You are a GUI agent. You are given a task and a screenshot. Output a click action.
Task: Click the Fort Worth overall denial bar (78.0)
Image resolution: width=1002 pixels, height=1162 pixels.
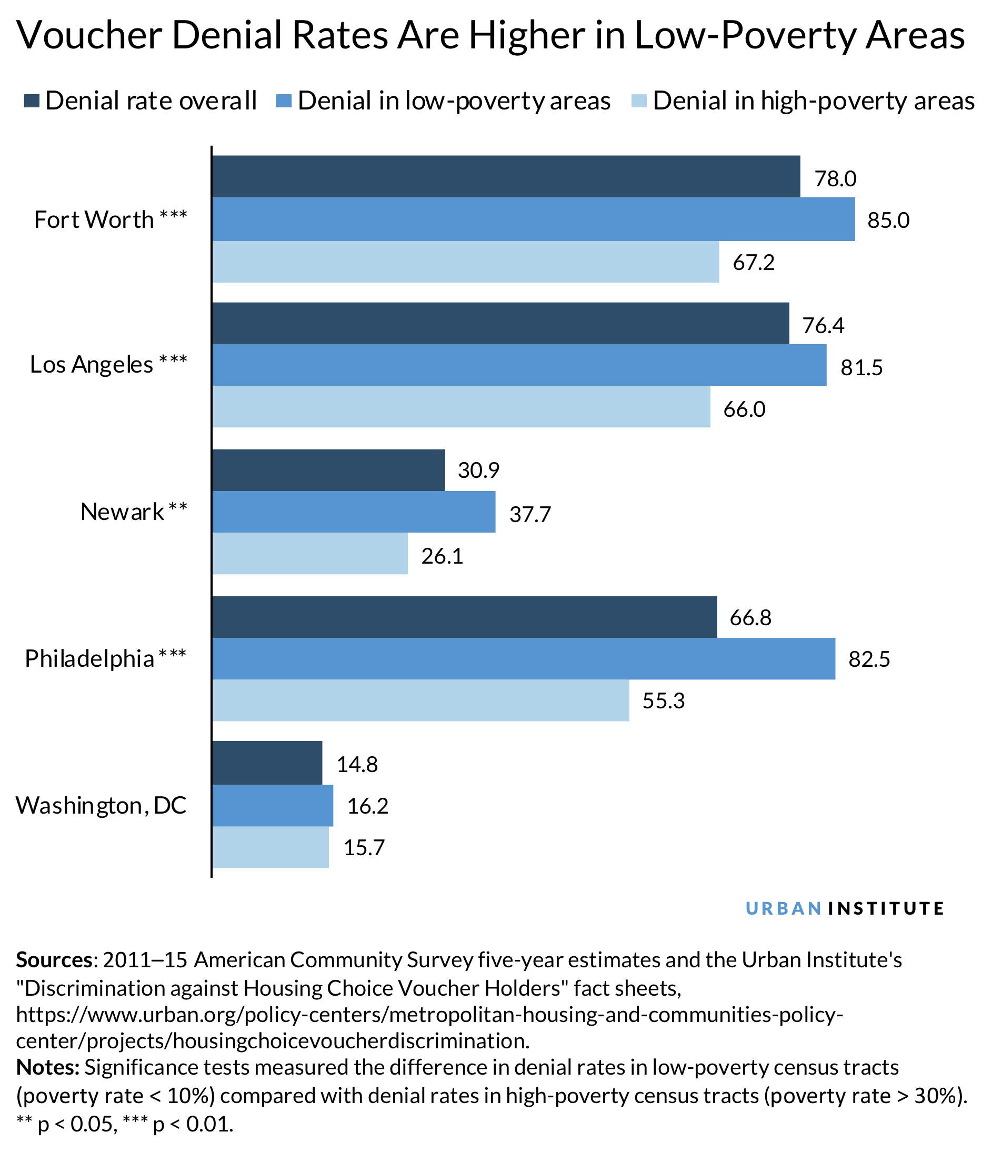[505, 176]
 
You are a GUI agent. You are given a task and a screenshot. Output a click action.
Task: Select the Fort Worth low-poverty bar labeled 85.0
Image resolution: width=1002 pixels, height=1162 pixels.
[533, 219]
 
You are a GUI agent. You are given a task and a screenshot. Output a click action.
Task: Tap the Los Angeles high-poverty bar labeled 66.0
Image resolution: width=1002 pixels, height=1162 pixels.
[460, 407]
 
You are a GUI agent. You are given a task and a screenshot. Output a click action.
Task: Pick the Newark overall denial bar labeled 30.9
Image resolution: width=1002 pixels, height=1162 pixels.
[328, 470]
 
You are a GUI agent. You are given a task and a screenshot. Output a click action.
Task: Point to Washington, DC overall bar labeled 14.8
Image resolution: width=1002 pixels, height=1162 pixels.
[267, 763]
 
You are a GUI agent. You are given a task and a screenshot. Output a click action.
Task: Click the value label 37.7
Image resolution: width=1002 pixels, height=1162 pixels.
[530, 514]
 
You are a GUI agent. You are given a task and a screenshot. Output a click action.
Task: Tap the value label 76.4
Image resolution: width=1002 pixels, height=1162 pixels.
[823, 325]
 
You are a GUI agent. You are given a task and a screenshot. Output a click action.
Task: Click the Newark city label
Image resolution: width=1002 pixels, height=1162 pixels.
[122, 512]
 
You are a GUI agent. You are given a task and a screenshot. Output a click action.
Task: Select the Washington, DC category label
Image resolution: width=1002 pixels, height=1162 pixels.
[101, 805]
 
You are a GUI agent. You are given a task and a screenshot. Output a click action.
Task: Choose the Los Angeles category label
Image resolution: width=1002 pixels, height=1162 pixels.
[92, 365]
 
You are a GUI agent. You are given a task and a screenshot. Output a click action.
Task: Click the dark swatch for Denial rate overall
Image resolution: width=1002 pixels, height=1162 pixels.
[32, 101]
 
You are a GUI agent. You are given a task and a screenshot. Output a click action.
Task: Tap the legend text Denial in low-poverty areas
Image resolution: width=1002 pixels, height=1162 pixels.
[454, 101]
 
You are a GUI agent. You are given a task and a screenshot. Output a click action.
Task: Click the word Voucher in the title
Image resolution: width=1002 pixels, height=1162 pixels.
[89, 35]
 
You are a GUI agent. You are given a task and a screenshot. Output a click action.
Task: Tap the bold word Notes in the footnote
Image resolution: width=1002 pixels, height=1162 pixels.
[48, 1067]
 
